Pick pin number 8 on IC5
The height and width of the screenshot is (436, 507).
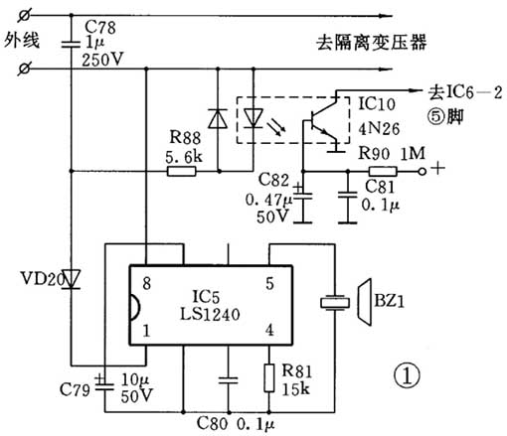coord(146,283)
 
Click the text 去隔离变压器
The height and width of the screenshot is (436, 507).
coord(358,43)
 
